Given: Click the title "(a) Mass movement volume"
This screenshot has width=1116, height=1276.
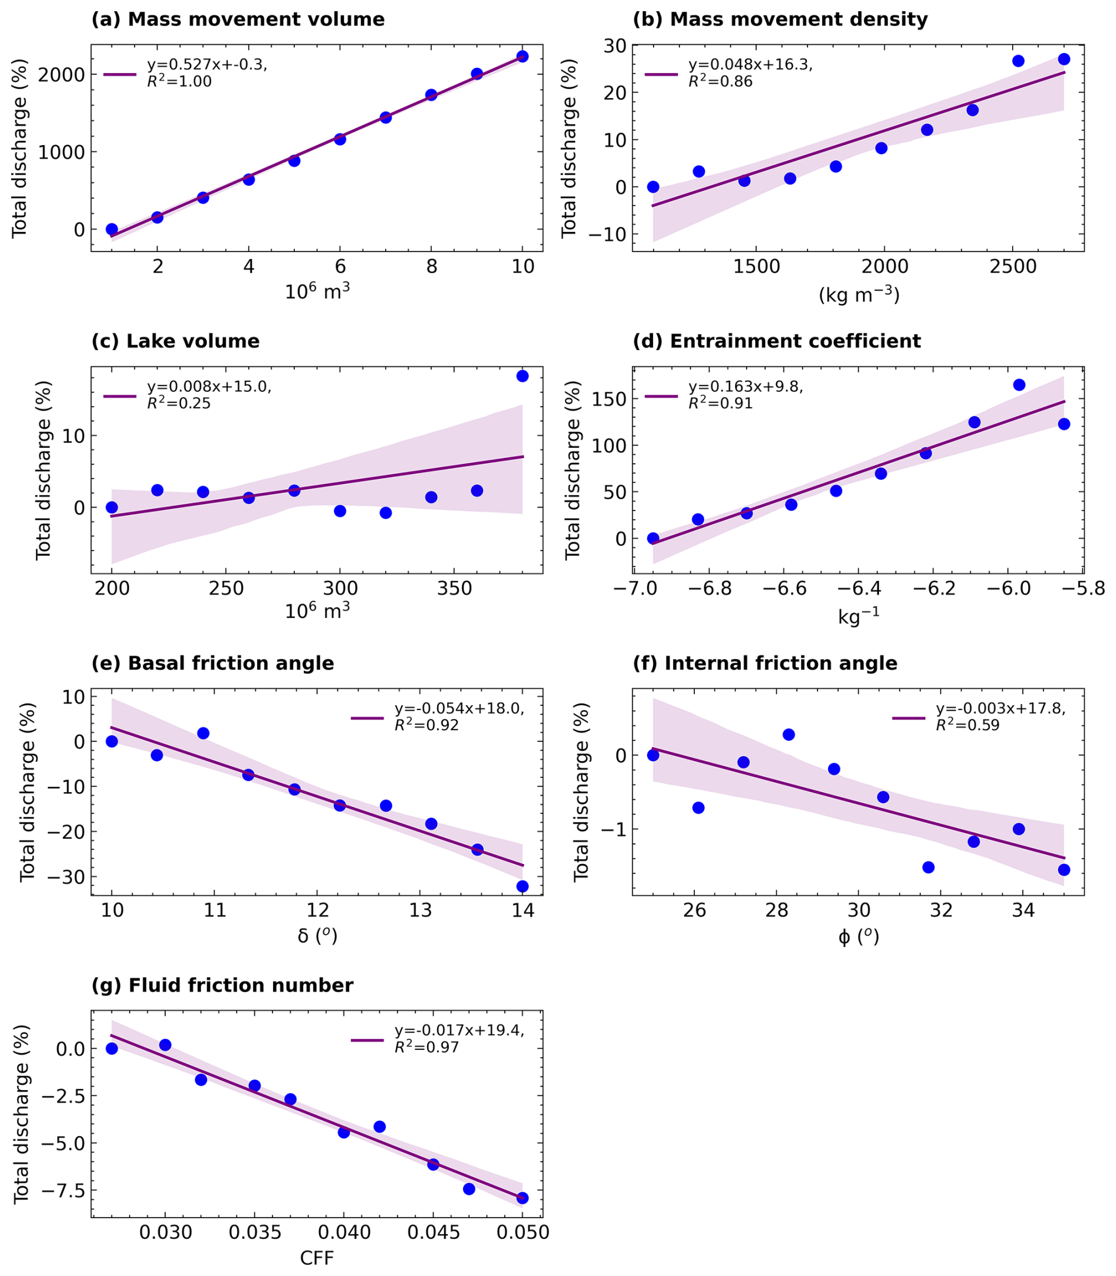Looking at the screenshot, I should [238, 19].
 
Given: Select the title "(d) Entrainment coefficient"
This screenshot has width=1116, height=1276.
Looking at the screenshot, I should [777, 342].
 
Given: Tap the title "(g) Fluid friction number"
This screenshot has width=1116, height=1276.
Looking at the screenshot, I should [222, 985].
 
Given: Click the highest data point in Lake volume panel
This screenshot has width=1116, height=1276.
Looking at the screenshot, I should [523, 376].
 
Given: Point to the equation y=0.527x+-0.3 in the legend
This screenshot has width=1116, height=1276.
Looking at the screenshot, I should [207, 65].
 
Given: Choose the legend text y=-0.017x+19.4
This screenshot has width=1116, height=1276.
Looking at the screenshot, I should [459, 1030].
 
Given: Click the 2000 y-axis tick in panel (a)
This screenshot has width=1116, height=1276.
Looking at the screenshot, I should [61, 75].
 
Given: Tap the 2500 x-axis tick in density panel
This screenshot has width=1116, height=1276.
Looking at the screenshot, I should [1013, 267].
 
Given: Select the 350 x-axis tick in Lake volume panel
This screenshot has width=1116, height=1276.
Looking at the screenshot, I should [454, 590].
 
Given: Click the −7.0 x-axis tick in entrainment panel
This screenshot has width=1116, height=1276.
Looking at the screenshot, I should [634, 590].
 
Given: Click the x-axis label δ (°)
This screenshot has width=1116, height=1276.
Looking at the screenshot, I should [317, 936].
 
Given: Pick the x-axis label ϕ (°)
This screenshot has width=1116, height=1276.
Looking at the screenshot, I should [859, 937].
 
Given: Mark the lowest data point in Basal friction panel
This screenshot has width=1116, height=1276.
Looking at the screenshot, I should [523, 886].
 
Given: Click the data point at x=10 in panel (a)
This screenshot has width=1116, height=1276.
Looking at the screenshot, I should [523, 56].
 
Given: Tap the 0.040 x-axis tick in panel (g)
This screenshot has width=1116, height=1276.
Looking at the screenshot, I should [344, 1233].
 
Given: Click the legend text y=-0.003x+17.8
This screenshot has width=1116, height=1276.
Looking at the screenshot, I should [1001, 708].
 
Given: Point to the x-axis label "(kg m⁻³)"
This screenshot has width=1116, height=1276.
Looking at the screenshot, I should [859, 294].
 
